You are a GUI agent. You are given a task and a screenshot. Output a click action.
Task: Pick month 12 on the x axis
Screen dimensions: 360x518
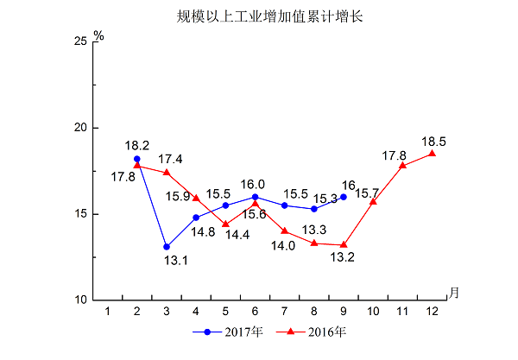[x=432, y=309]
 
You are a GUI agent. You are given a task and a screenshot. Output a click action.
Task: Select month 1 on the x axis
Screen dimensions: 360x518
[x=108, y=309]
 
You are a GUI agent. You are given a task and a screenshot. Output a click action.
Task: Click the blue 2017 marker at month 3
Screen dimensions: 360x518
[x=167, y=247]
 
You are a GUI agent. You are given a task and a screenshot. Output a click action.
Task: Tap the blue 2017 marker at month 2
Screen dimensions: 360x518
[x=137, y=159]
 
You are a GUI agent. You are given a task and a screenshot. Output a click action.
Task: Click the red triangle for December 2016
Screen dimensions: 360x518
[x=432, y=154]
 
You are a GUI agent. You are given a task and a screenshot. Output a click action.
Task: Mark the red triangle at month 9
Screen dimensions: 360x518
[x=344, y=245]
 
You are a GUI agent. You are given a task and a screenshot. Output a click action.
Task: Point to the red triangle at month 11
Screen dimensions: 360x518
[x=402, y=165]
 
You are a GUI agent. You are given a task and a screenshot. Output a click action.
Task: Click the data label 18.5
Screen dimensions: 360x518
[x=433, y=141]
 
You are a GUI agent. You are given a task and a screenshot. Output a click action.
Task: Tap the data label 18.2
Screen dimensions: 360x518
[x=137, y=146]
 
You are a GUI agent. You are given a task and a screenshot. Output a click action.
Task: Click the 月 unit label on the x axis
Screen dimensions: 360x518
[x=454, y=292]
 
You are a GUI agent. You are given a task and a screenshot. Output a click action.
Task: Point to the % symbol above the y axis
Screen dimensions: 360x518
[x=98, y=36]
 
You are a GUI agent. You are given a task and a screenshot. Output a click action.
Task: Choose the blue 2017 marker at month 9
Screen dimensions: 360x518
[x=344, y=197]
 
